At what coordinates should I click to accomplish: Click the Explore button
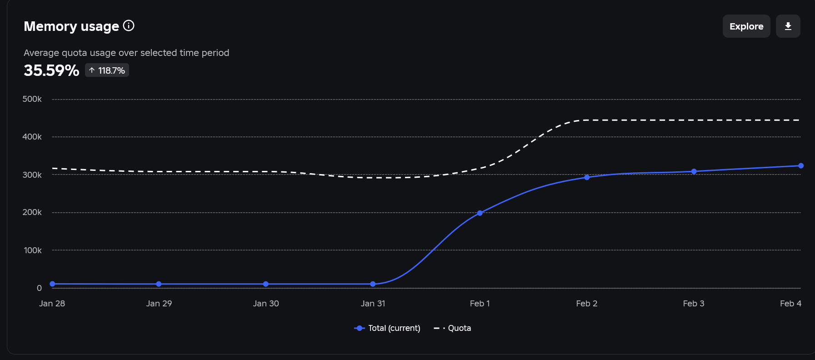point(746,26)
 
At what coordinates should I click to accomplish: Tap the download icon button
point(788,26)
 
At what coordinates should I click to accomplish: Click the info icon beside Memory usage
point(129,25)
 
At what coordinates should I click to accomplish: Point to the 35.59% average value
point(51,70)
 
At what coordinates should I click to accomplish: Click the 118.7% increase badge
point(107,70)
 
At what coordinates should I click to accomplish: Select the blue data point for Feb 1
point(480,213)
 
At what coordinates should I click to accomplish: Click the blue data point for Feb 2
point(587,177)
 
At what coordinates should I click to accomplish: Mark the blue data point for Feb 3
point(694,171)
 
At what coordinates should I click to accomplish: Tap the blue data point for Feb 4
point(800,165)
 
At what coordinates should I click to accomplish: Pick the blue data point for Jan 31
point(373,284)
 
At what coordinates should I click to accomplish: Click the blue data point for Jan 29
point(159,284)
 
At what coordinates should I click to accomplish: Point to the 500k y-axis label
point(32,99)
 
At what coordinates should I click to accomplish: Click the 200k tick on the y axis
point(32,212)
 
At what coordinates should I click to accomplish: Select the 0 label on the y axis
point(39,288)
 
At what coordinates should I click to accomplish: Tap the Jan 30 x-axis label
point(266,304)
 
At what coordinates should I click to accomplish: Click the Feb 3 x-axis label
point(694,304)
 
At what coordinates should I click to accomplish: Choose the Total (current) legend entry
point(387,328)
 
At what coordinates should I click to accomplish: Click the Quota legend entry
point(452,328)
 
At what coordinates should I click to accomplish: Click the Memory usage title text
point(71,26)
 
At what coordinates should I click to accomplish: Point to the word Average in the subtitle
point(41,53)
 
